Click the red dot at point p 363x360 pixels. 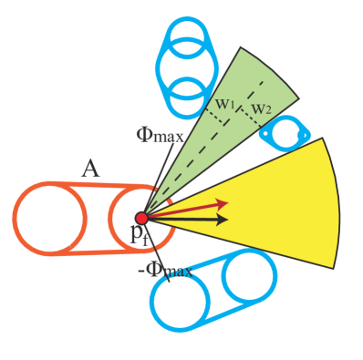(141, 218)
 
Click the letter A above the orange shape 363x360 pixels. (89, 168)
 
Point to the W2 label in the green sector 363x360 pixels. (262, 109)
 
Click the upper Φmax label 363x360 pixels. (161, 136)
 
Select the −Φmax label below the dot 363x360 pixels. (171, 270)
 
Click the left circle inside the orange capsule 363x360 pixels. (49, 219)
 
